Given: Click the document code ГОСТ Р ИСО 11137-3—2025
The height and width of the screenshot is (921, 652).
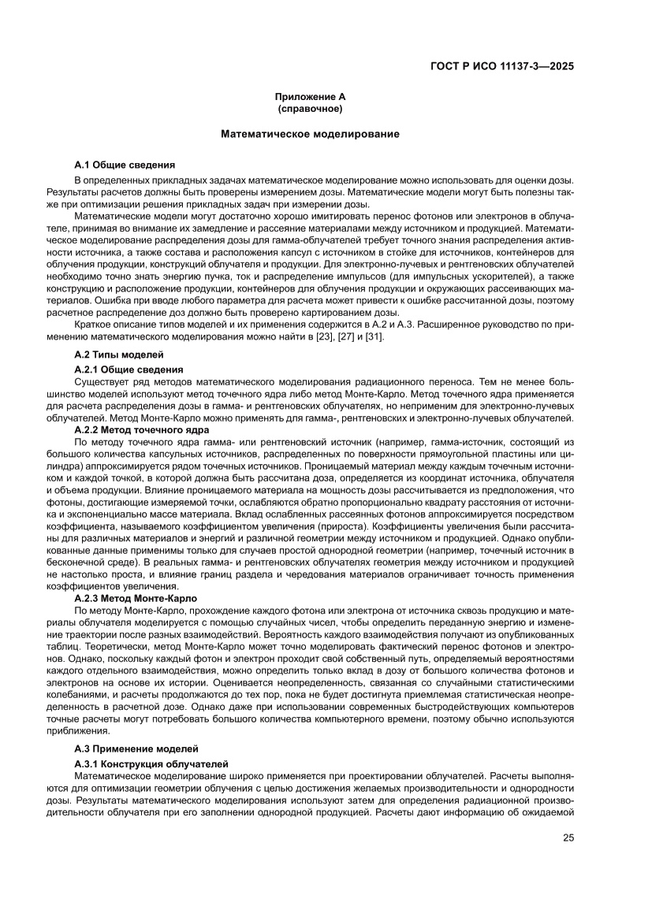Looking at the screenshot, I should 501,67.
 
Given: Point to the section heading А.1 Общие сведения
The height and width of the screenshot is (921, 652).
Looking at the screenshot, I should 125,165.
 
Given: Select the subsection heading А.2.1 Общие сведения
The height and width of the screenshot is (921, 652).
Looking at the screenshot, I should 129,369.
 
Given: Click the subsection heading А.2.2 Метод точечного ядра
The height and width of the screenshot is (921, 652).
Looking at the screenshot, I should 141,430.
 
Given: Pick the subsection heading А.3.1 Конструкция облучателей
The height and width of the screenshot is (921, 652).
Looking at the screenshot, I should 151,764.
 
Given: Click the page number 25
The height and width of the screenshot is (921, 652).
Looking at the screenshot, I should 568,837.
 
